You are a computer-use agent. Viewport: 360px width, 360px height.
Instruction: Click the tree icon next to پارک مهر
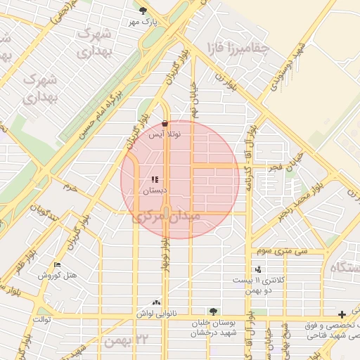tap(144, 10)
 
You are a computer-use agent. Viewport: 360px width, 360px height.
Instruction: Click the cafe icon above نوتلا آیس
tap(165, 122)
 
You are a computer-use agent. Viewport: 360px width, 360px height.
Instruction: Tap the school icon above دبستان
tap(155, 180)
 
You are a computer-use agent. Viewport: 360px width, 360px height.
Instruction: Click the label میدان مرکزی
tap(167, 217)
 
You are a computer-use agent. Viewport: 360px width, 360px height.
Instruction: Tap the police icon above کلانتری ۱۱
tap(258, 269)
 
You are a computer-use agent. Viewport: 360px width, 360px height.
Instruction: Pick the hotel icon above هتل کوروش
tap(57, 264)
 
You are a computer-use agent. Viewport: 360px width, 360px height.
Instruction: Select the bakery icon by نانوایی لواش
tap(155, 302)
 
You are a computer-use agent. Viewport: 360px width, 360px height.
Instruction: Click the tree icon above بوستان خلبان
tap(212, 310)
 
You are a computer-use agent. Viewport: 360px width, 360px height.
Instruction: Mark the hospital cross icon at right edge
tap(342, 314)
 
